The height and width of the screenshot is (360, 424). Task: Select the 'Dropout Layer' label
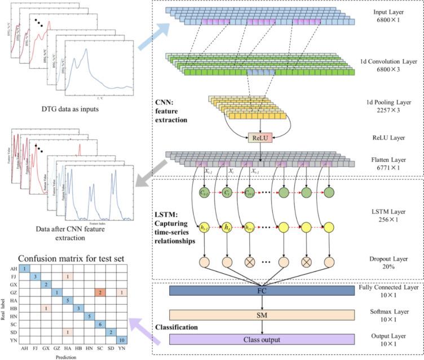[390, 258]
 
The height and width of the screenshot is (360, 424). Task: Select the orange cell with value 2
[99, 292]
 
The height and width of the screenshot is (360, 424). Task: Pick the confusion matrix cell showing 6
[99, 324]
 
